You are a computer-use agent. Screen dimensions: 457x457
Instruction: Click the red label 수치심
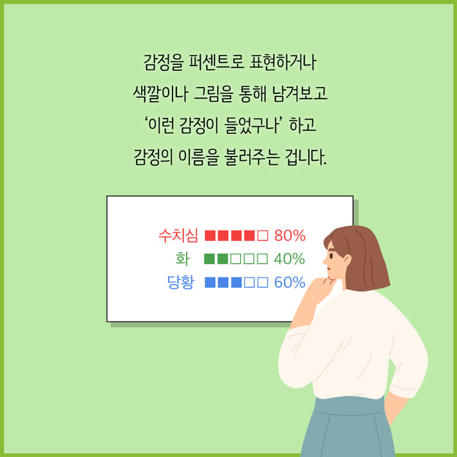[x=178, y=235]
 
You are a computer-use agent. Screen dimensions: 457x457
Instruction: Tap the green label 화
[x=183, y=259]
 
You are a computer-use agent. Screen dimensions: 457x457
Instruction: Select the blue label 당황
[x=181, y=283]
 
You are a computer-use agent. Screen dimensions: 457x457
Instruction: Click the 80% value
[x=290, y=235]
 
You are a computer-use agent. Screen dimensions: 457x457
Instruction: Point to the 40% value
[x=289, y=259]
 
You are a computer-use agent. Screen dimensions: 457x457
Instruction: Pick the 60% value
[x=289, y=283]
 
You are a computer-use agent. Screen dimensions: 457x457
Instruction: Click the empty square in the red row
[x=262, y=235]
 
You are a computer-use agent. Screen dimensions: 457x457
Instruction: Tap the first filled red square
[x=210, y=235]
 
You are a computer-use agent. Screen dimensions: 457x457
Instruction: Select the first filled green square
[x=209, y=259]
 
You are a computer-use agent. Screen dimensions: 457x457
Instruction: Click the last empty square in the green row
[x=262, y=259]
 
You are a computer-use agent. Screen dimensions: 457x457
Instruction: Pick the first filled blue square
[x=210, y=283]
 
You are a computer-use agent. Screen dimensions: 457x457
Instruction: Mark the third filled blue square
[x=236, y=283]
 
